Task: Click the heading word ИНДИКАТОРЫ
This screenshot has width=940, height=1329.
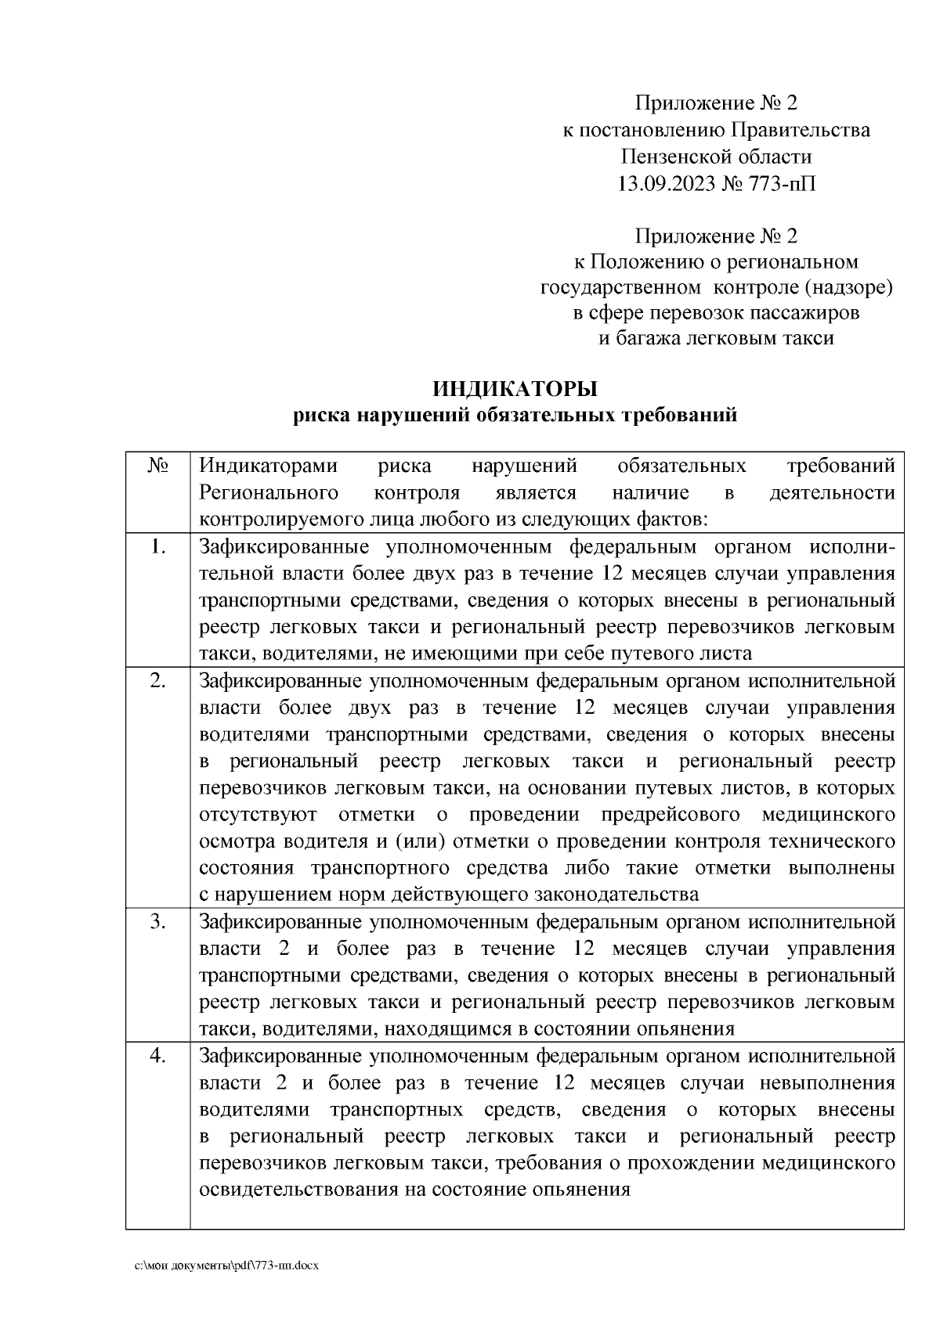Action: (515, 388)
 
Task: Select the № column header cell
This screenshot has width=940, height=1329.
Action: (157, 466)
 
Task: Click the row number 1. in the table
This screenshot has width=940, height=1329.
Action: (157, 547)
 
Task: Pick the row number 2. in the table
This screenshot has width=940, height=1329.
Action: (157, 681)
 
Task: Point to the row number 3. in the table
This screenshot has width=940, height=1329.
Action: (157, 922)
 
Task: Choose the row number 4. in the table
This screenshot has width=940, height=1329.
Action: (157, 1056)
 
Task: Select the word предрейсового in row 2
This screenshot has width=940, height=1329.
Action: (671, 815)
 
